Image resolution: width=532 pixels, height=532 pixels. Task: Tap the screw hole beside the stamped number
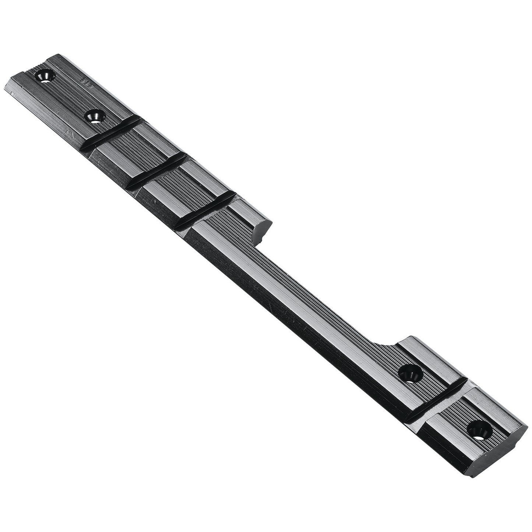click(45, 76)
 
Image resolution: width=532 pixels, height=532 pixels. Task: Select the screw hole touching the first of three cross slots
click(95, 117)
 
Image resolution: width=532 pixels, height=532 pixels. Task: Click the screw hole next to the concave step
click(411, 373)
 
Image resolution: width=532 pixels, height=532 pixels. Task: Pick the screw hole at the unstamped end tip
click(479, 430)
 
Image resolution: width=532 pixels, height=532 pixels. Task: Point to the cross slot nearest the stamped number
click(110, 133)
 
